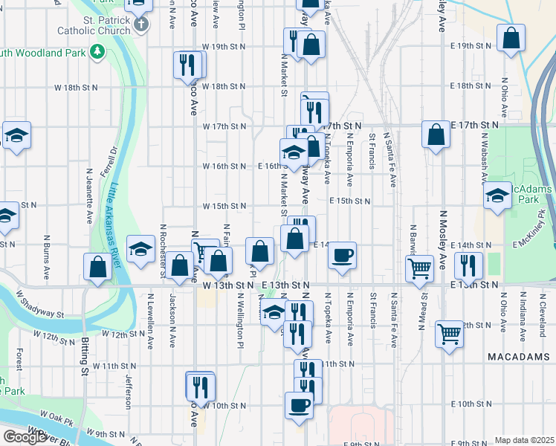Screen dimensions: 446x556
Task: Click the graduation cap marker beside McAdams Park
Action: [x=496, y=196]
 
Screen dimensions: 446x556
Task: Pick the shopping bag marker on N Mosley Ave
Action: [x=436, y=135]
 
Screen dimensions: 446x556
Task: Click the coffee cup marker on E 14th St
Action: [x=342, y=255]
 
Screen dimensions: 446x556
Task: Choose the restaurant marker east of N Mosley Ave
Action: [x=468, y=265]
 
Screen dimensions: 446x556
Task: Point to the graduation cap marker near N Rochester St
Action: [x=140, y=250]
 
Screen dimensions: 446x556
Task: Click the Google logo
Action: [x=25, y=437]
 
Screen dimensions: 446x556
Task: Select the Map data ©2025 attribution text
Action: [x=524, y=440]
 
